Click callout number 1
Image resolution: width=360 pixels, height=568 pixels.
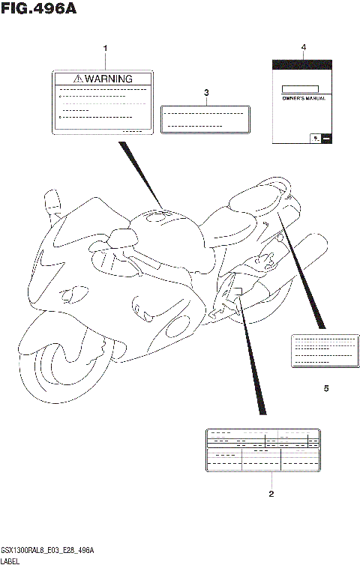[x=105, y=49]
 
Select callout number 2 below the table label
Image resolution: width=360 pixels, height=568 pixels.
[x=271, y=494]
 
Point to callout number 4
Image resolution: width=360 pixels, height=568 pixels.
[x=304, y=47]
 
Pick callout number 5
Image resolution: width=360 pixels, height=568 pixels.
[x=326, y=388]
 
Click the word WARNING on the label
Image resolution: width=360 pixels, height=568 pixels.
[x=108, y=79]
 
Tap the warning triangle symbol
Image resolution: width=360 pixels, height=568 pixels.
[x=78, y=79]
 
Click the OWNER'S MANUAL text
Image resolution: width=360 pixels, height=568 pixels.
[x=303, y=98]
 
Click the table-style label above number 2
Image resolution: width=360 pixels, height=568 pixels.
[x=262, y=450]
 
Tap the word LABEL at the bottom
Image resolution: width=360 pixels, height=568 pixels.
[x=10, y=561]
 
